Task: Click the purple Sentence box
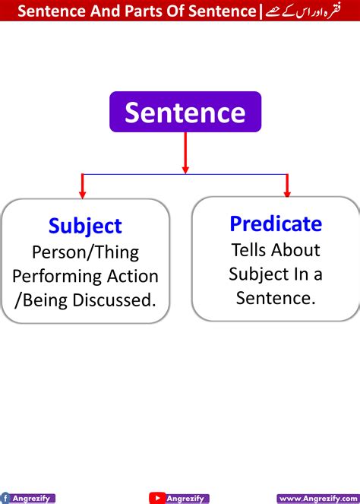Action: point(185,112)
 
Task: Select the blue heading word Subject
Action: point(85,226)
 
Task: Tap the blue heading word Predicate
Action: point(276,223)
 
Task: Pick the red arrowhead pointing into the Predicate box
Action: point(286,189)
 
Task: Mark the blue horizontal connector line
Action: point(185,175)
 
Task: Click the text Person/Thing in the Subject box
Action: point(85,252)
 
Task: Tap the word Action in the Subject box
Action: point(133,276)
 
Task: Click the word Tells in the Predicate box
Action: point(250,249)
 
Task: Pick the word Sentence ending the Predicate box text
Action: point(275,298)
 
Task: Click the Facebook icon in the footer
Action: point(5,498)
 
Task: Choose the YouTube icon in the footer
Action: point(157,498)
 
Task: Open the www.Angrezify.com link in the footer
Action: point(317,498)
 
